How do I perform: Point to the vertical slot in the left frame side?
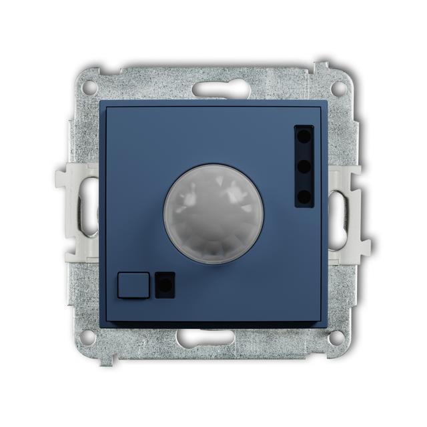(87, 212)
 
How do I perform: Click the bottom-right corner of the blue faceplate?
(326, 322)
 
